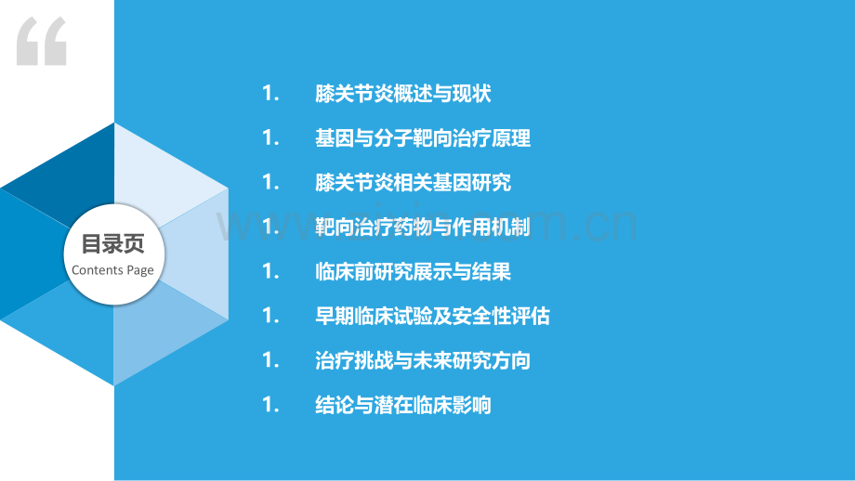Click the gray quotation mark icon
(x=42, y=42)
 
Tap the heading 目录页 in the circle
(x=112, y=244)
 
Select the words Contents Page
(x=112, y=270)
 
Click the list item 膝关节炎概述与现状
(x=403, y=94)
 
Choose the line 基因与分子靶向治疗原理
(x=423, y=138)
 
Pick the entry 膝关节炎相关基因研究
(x=413, y=183)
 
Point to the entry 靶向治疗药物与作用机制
(x=423, y=227)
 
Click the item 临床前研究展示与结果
(x=413, y=272)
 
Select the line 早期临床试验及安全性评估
(x=432, y=317)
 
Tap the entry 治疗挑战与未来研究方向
(x=423, y=360)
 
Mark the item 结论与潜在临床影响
(x=403, y=405)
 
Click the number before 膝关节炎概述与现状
(x=271, y=94)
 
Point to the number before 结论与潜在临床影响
(x=271, y=405)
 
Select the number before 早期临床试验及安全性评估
(x=271, y=317)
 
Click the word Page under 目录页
(x=140, y=271)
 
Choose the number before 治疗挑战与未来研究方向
(x=271, y=360)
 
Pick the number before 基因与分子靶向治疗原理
(x=271, y=138)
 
